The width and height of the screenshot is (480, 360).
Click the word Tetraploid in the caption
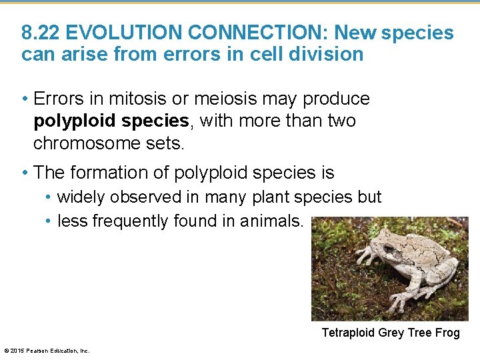[x=349, y=333]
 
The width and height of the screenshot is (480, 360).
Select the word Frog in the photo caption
[x=447, y=333]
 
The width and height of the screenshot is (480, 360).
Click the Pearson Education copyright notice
[x=47, y=351]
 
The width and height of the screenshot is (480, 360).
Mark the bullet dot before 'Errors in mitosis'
[x=25, y=99]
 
